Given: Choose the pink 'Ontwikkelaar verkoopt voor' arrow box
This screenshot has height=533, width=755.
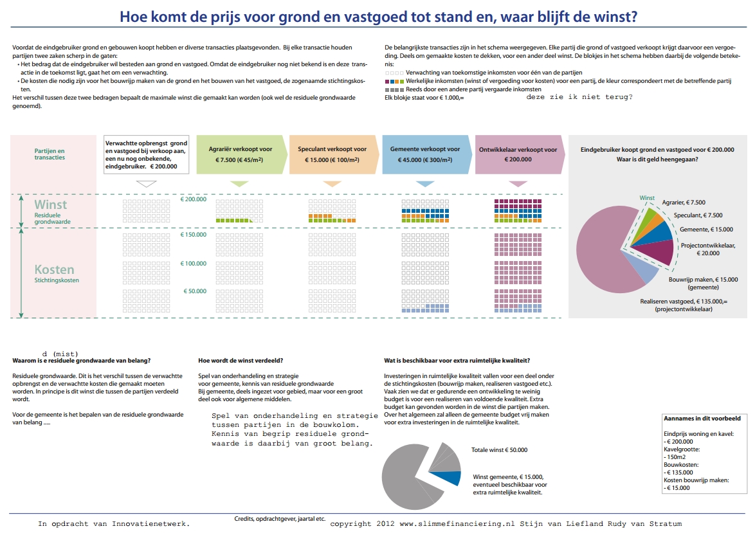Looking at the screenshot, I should (518, 154).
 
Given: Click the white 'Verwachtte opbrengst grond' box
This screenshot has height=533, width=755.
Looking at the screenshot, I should (146, 154).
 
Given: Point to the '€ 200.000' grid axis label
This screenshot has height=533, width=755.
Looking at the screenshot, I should (194, 199).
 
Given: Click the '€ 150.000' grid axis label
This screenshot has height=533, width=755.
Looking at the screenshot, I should (194, 235).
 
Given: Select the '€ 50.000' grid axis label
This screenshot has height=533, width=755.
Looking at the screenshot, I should (195, 291).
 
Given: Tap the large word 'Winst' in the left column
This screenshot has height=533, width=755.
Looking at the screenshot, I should (51, 204).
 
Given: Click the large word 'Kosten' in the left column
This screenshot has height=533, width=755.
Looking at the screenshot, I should (54, 269).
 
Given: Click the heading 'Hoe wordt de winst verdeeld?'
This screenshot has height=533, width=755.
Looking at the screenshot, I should (241, 360).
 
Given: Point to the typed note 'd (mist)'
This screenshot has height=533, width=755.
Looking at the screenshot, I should (60, 354).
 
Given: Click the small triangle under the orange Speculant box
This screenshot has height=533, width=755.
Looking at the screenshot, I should (332, 184).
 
